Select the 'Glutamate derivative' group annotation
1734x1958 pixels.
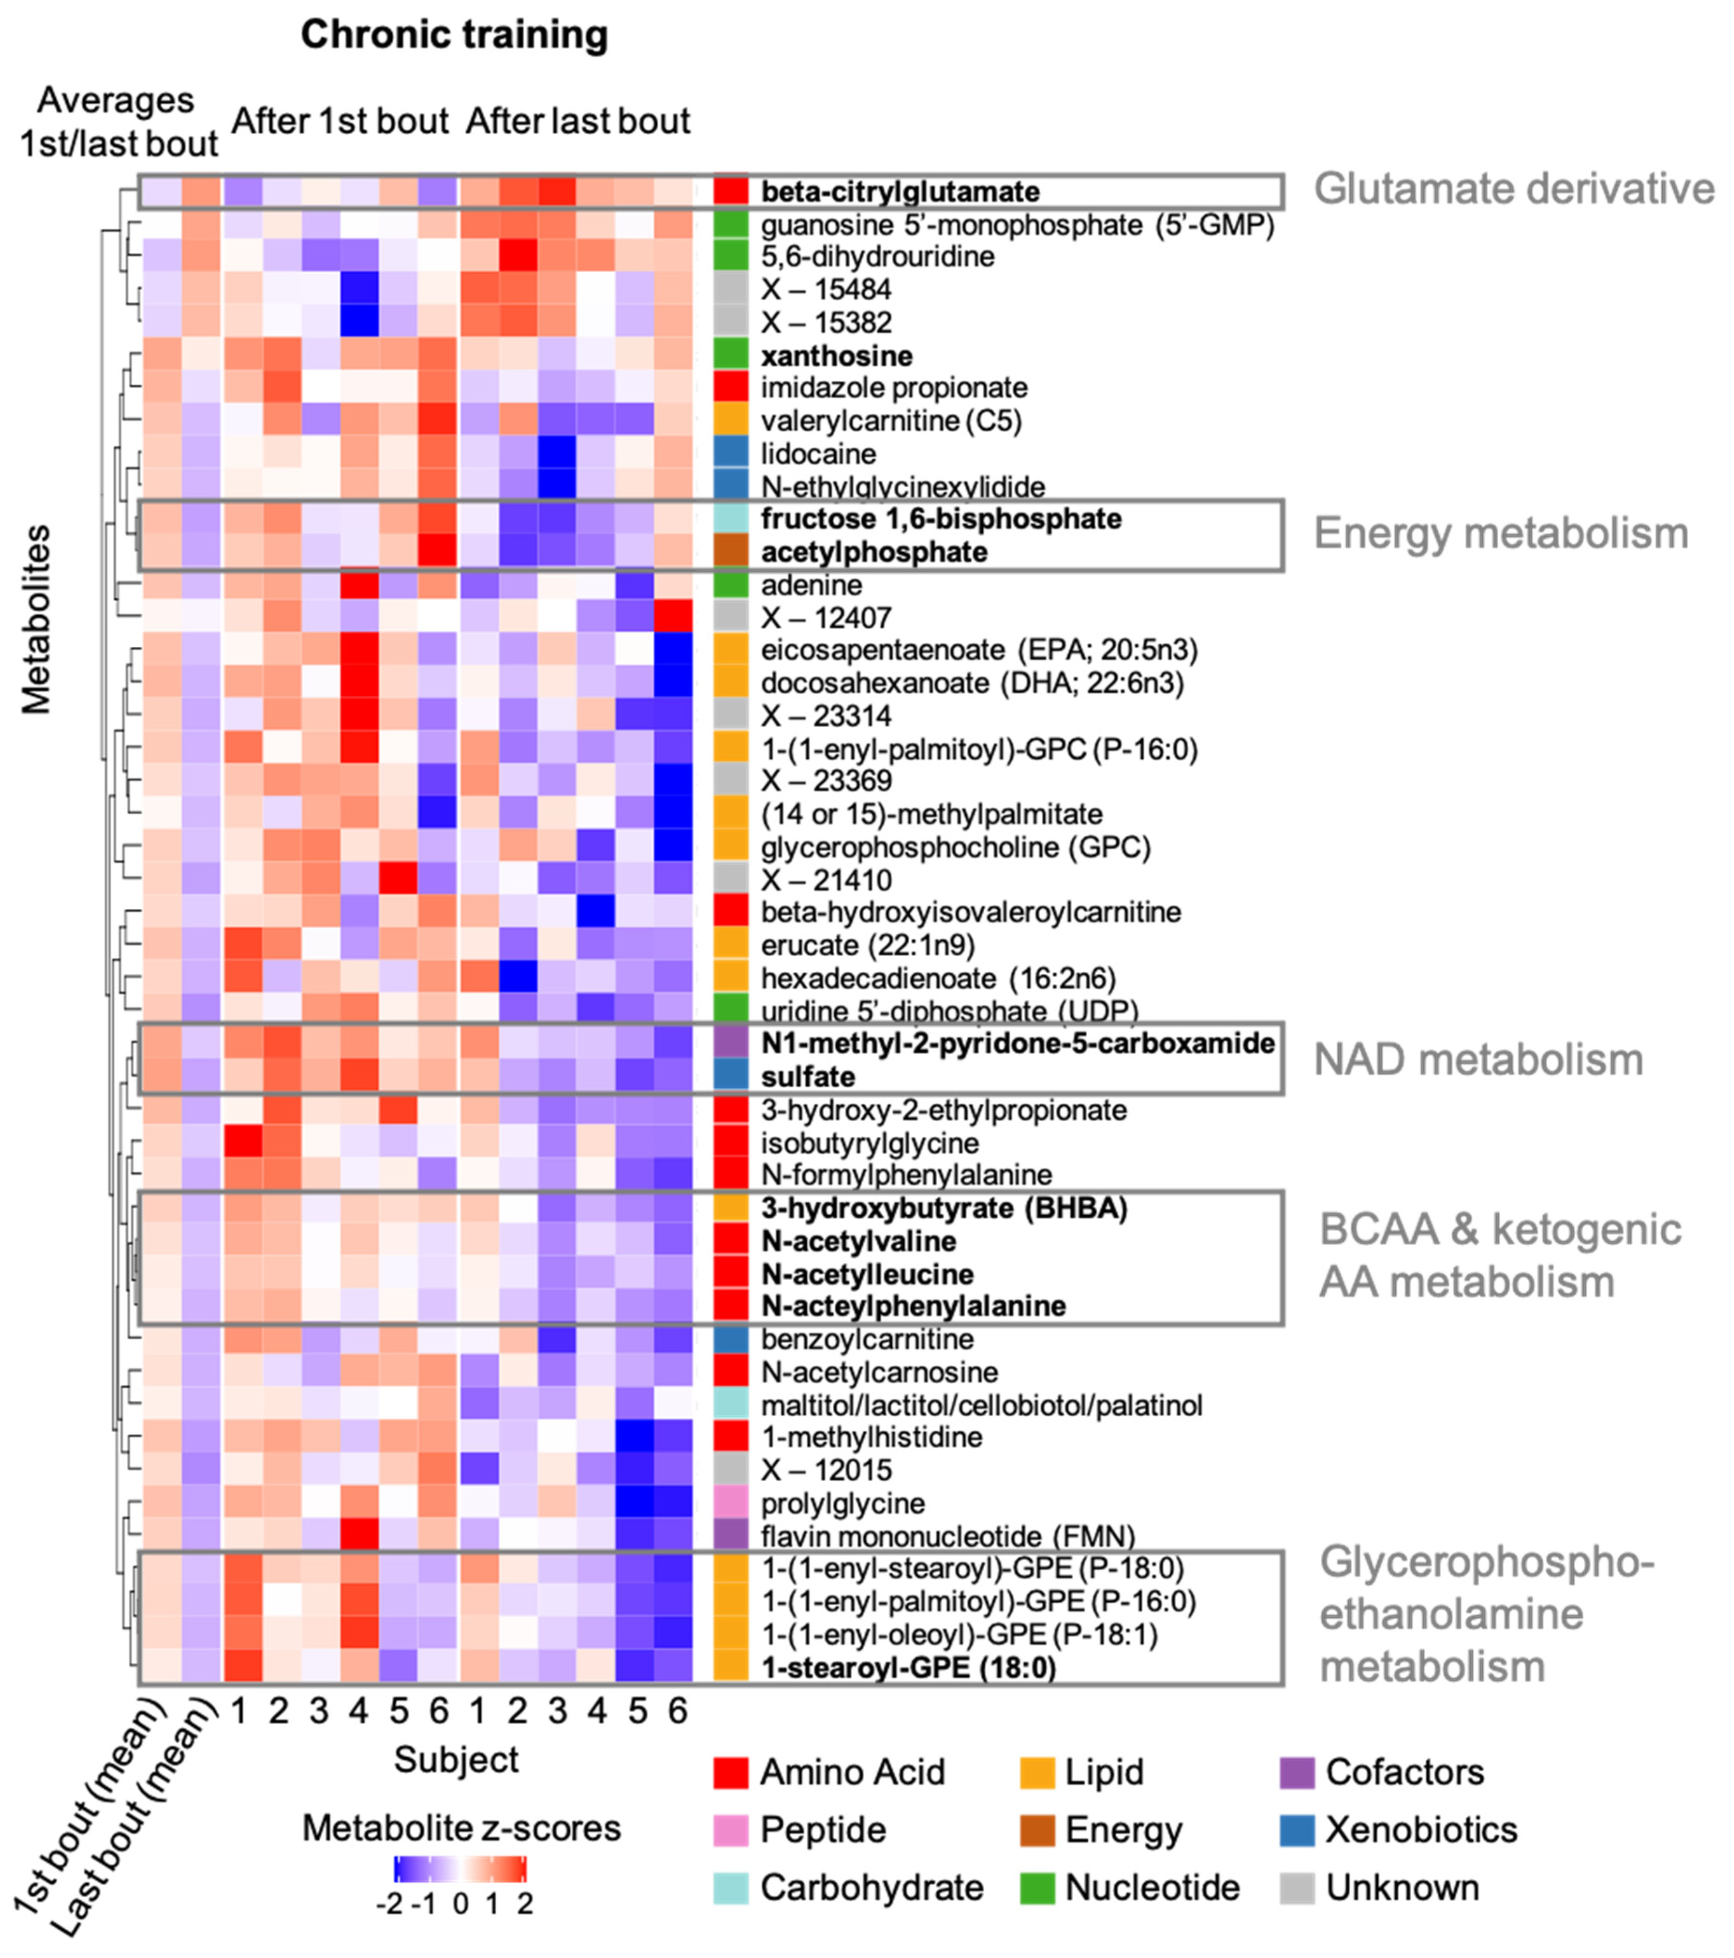coord(1513,189)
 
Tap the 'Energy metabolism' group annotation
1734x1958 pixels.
coord(1500,534)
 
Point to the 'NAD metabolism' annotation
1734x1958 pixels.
coord(1477,1060)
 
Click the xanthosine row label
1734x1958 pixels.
coord(836,356)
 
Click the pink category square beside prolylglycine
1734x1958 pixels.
coord(731,1503)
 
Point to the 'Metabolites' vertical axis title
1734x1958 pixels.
coord(36,618)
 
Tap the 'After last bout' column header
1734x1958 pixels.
coord(578,122)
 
